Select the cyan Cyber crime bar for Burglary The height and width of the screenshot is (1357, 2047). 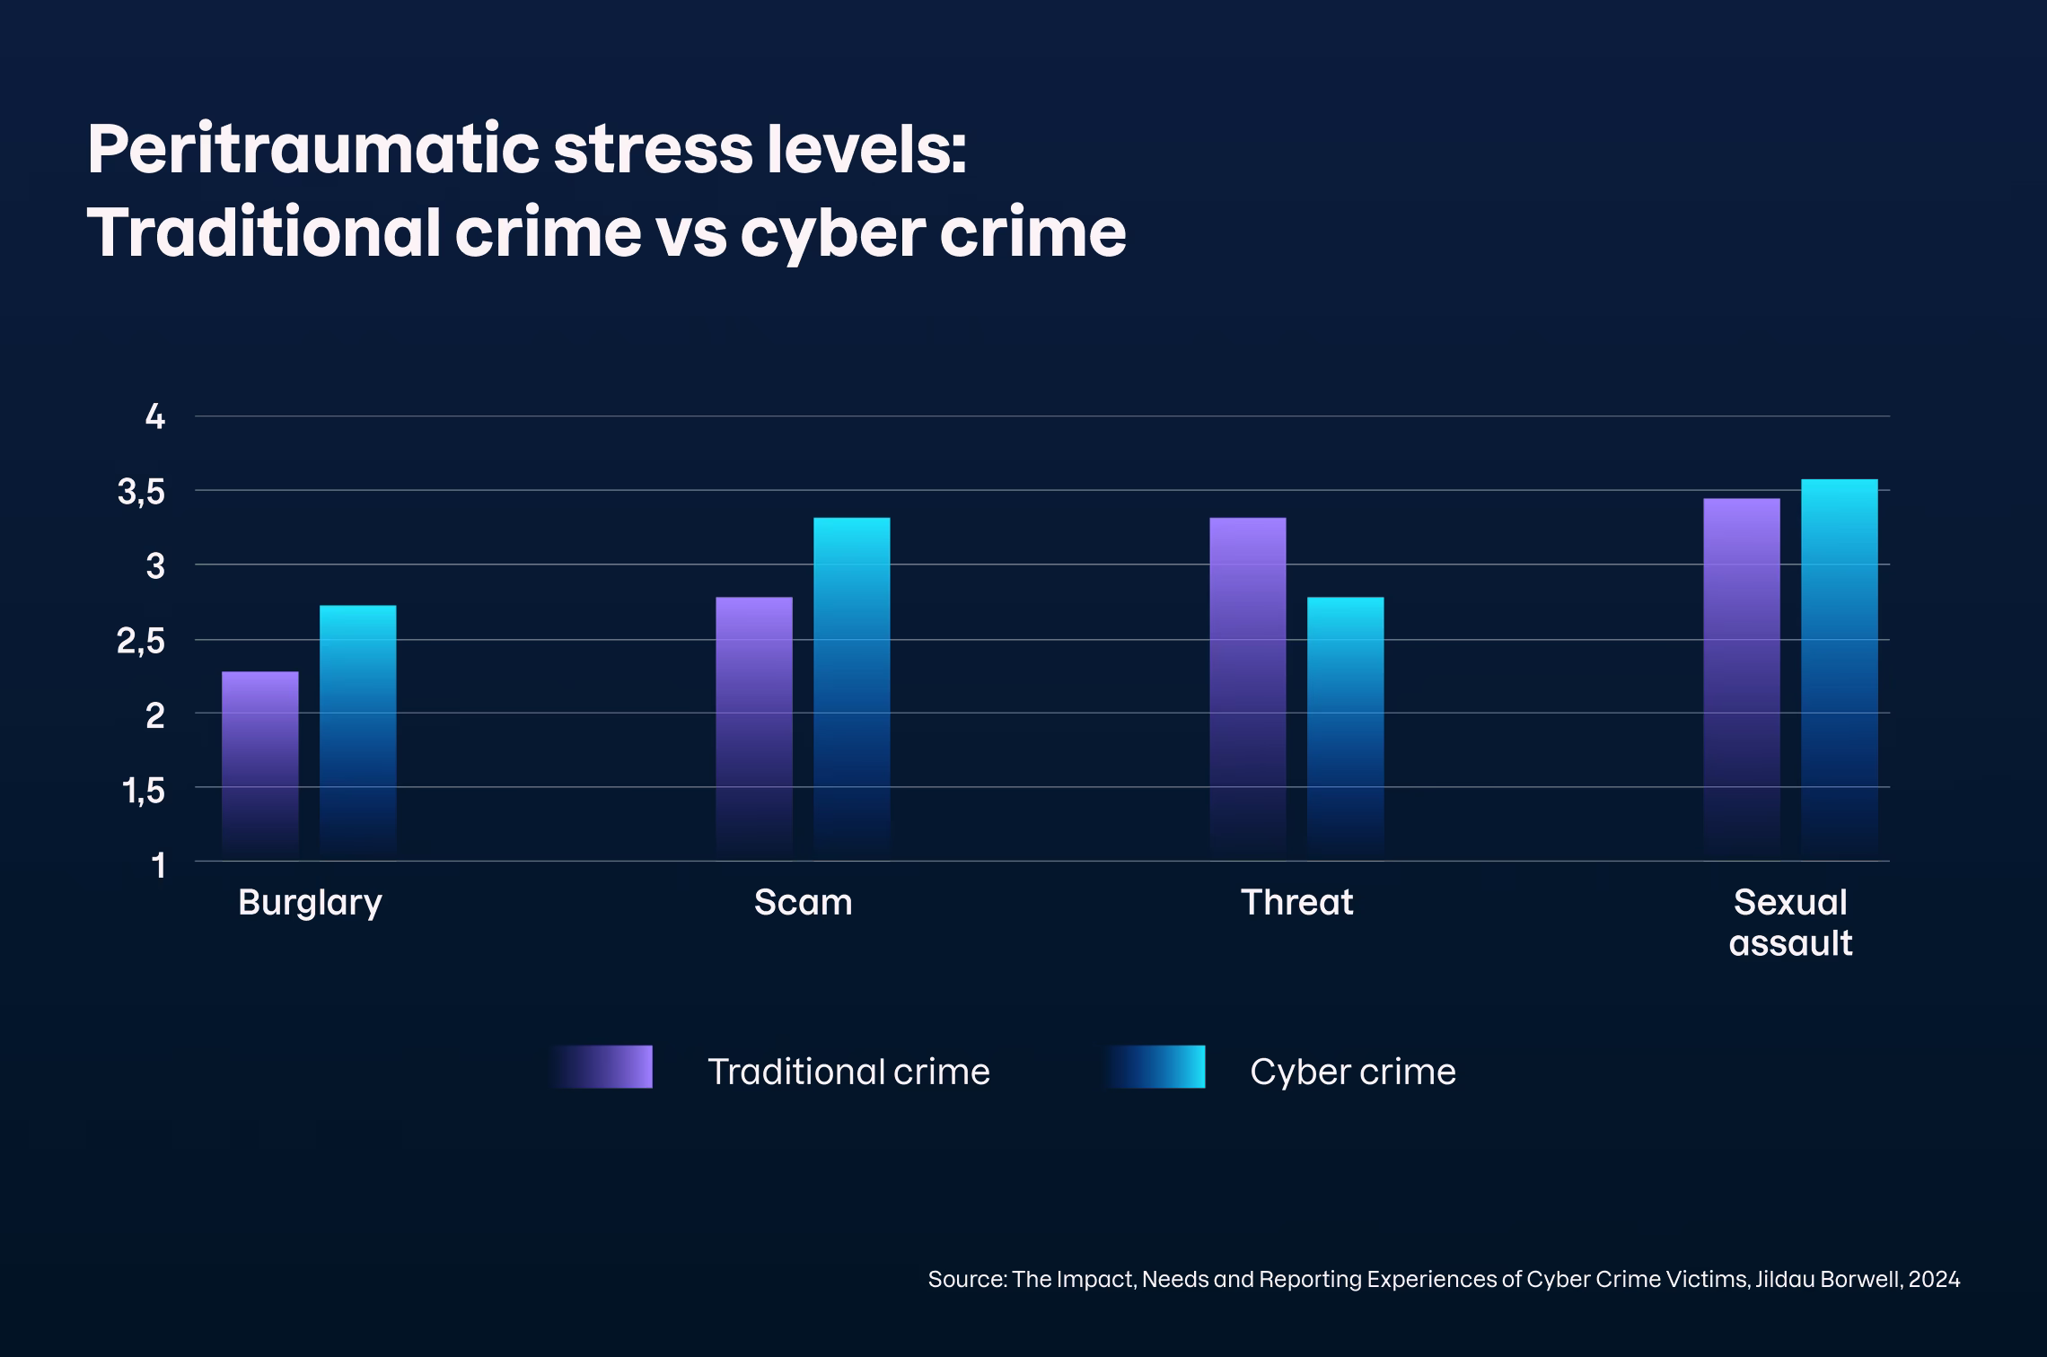point(357,731)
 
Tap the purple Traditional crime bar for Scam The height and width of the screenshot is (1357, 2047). point(754,727)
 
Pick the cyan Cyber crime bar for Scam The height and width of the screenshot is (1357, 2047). point(851,687)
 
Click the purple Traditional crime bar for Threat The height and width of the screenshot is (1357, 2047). point(1247,687)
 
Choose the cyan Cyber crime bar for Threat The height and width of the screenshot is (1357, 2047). point(1345,727)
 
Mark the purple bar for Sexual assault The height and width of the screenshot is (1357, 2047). point(1742,678)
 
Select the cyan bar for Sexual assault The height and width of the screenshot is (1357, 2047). point(1839,669)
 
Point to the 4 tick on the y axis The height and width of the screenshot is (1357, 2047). point(155,416)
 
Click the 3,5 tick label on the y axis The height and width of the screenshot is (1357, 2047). point(142,492)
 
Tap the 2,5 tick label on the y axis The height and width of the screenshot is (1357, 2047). point(142,642)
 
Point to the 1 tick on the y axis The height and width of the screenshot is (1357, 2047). point(159,865)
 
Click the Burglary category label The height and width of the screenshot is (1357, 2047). point(310,903)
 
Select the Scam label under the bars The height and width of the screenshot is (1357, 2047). point(803,902)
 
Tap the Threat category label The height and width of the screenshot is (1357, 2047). point(1296,902)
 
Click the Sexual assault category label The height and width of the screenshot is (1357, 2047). point(1790,923)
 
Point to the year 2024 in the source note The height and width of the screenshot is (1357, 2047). point(1934,1279)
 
